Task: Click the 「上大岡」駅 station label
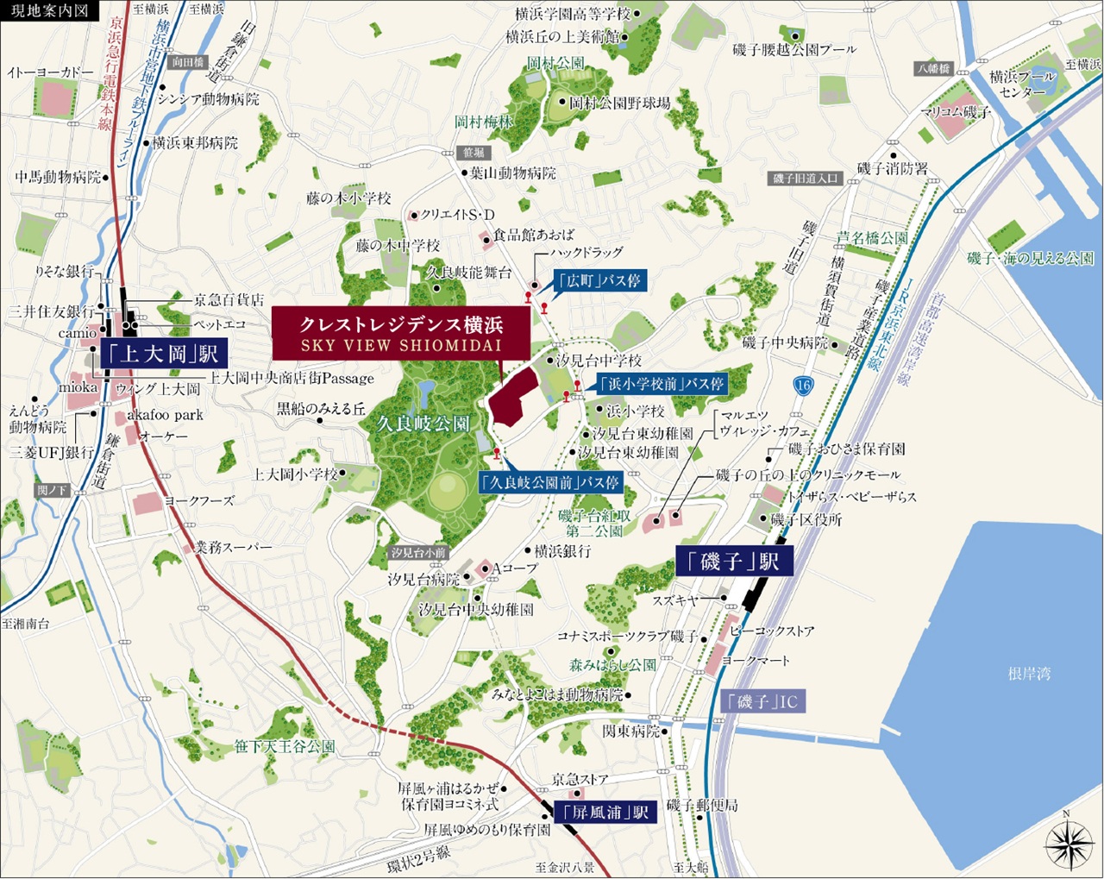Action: pyautogui.click(x=164, y=353)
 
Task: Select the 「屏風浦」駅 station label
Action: pyautogui.click(x=603, y=812)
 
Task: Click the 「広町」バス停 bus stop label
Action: pyautogui.click(x=599, y=281)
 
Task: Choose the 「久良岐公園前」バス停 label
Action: pyautogui.click(x=551, y=483)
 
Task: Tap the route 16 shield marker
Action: pyautogui.click(x=803, y=386)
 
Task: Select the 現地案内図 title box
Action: pyautogui.click(x=50, y=11)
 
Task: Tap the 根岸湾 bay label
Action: pyautogui.click(x=1029, y=674)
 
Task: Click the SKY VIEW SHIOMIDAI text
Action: pyautogui.click(x=401, y=345)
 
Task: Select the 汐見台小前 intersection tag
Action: pyautogui.click(x=418, y=552)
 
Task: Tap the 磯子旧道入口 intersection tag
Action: pyautogui.click(x=804, y=179)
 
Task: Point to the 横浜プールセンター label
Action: pyautogui.click(x=1023, y=84)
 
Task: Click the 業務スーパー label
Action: pyautogui.click(x=233, y=547)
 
